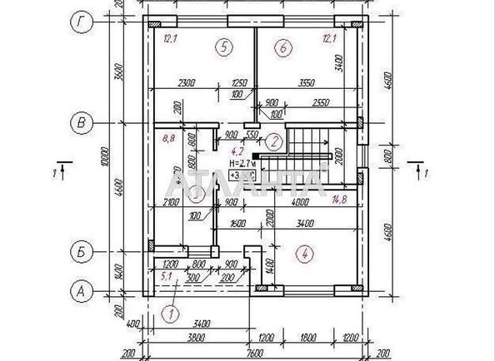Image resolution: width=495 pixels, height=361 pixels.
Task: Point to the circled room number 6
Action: pos(283,47)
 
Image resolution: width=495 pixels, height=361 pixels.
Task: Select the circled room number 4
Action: pos(307,253)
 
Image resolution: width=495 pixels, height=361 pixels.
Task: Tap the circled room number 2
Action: pos(273,141)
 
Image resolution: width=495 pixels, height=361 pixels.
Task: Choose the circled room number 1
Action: pos(171,314)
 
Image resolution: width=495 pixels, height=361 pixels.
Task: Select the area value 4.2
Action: pos(236,151)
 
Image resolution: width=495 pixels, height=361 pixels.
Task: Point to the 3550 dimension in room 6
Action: pos(308,82)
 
